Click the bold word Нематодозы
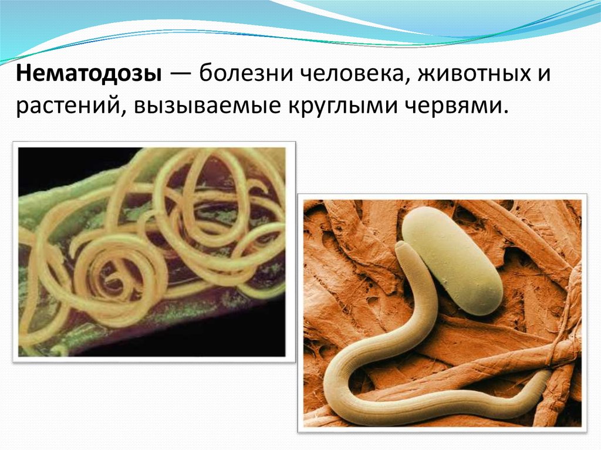[x=89, y=75]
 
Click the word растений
[x=67, y=106]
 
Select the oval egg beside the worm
[x=452, y=260]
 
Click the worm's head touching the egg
[x=404, y=251]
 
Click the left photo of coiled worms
[x=153, y=252]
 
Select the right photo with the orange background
[x=443, y=314]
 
